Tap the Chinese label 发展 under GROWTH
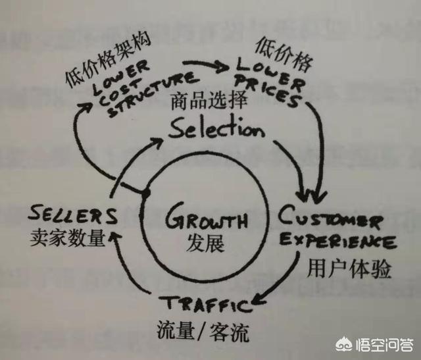pos(205,244)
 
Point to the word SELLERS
pos(74,215)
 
